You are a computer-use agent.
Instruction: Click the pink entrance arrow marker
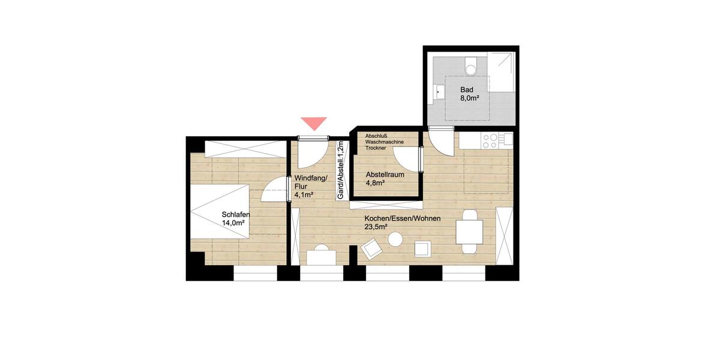(314, 123)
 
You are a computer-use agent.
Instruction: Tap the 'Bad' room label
(467, 90)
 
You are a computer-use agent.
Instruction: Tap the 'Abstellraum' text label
(385, 175)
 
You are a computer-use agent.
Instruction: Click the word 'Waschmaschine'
(385, 142)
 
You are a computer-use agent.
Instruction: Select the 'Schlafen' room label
(236, 215)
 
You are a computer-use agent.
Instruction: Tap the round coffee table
(395, 240)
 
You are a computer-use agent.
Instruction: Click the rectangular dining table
(469, 232)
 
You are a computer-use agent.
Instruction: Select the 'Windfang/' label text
(311, 178)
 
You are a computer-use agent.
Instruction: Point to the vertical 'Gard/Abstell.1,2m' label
(340, 170)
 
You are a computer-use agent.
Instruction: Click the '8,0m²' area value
(469, 99)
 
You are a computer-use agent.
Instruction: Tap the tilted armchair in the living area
(372, 247)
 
